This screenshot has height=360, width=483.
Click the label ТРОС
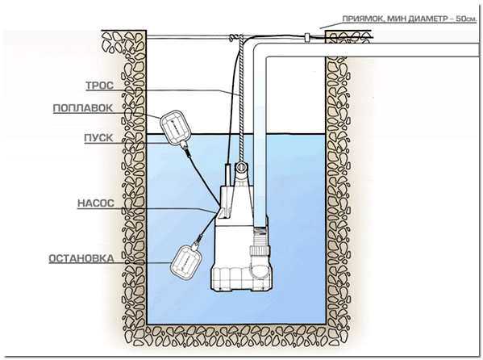tap(99, 86)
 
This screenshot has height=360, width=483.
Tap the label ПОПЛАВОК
tap(83, 108)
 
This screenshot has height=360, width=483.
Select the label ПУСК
tap(98, 137)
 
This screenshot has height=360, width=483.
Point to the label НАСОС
tap(96, 203)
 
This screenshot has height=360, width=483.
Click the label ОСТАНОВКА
tap(81, 258)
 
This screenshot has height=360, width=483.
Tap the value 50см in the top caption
tap(465, 19)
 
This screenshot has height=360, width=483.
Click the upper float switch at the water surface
tap(176, 127)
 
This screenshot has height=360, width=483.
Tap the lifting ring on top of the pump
tap(241, 168)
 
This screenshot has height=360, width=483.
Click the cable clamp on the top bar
tap(306, 37)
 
